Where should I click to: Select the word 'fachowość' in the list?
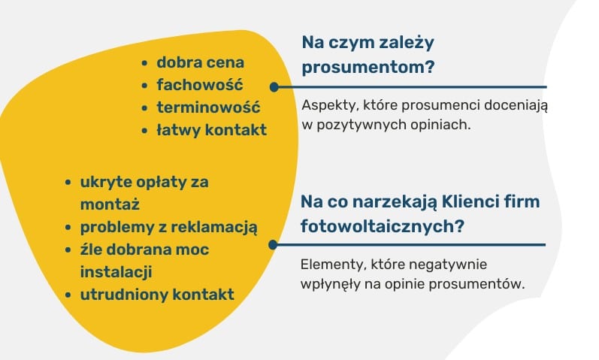[x=200, y=85]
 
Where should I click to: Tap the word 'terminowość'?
[x=209, y=107]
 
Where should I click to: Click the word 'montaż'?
[x=110, y=204]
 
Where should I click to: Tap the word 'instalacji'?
[x=116, y=272]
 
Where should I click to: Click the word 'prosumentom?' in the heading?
[x=368, y=68]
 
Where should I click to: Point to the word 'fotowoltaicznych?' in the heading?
[x=383, y=226]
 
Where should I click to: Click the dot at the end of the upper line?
[x=274, y=87]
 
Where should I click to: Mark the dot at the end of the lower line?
[x=273, y=244]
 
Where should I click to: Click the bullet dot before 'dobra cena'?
[x=144, y=63]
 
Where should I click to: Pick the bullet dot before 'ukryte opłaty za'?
[x=68, y=183]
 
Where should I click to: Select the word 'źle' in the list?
[x=89, y=250]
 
